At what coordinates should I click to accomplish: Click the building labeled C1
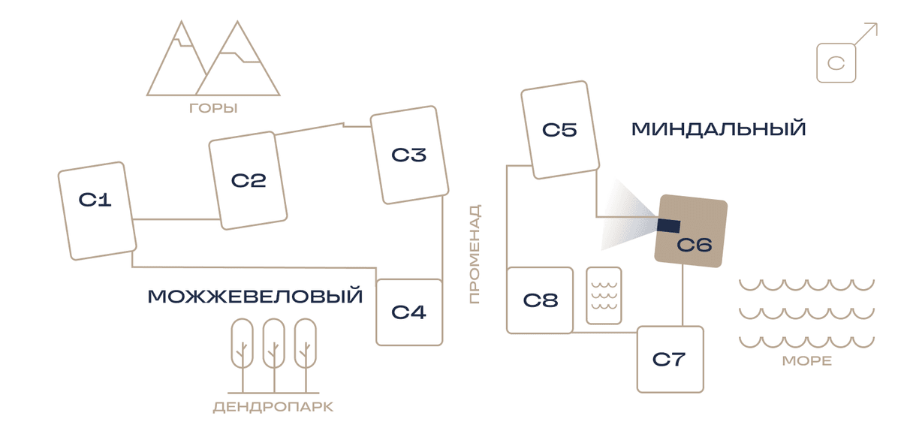(98, 211)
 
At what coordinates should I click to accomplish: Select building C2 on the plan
(248, 180)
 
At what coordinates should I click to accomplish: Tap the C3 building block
(409, 155)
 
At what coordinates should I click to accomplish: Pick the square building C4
(409, 312)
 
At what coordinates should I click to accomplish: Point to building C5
(560, 130)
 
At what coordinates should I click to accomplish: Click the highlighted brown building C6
(691, 231)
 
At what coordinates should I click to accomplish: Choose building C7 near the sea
(670, 360)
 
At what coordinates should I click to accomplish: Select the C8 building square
(540, 300)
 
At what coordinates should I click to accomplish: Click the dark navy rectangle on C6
(668, 226)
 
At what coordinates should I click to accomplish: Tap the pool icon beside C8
(604, 295)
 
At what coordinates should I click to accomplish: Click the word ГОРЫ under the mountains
(213, 108)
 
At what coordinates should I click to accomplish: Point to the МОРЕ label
(807, 361)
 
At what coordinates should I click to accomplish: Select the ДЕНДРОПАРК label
(273, 407)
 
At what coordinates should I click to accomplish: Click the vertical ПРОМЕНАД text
(475, 254)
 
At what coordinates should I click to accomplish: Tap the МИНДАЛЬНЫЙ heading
(719, 129)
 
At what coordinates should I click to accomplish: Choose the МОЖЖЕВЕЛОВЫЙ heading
(255, 296)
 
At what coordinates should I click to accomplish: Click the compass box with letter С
(836, 63)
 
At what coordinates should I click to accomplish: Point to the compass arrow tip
(877, 24)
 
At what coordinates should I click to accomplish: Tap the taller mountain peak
(237, 22)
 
